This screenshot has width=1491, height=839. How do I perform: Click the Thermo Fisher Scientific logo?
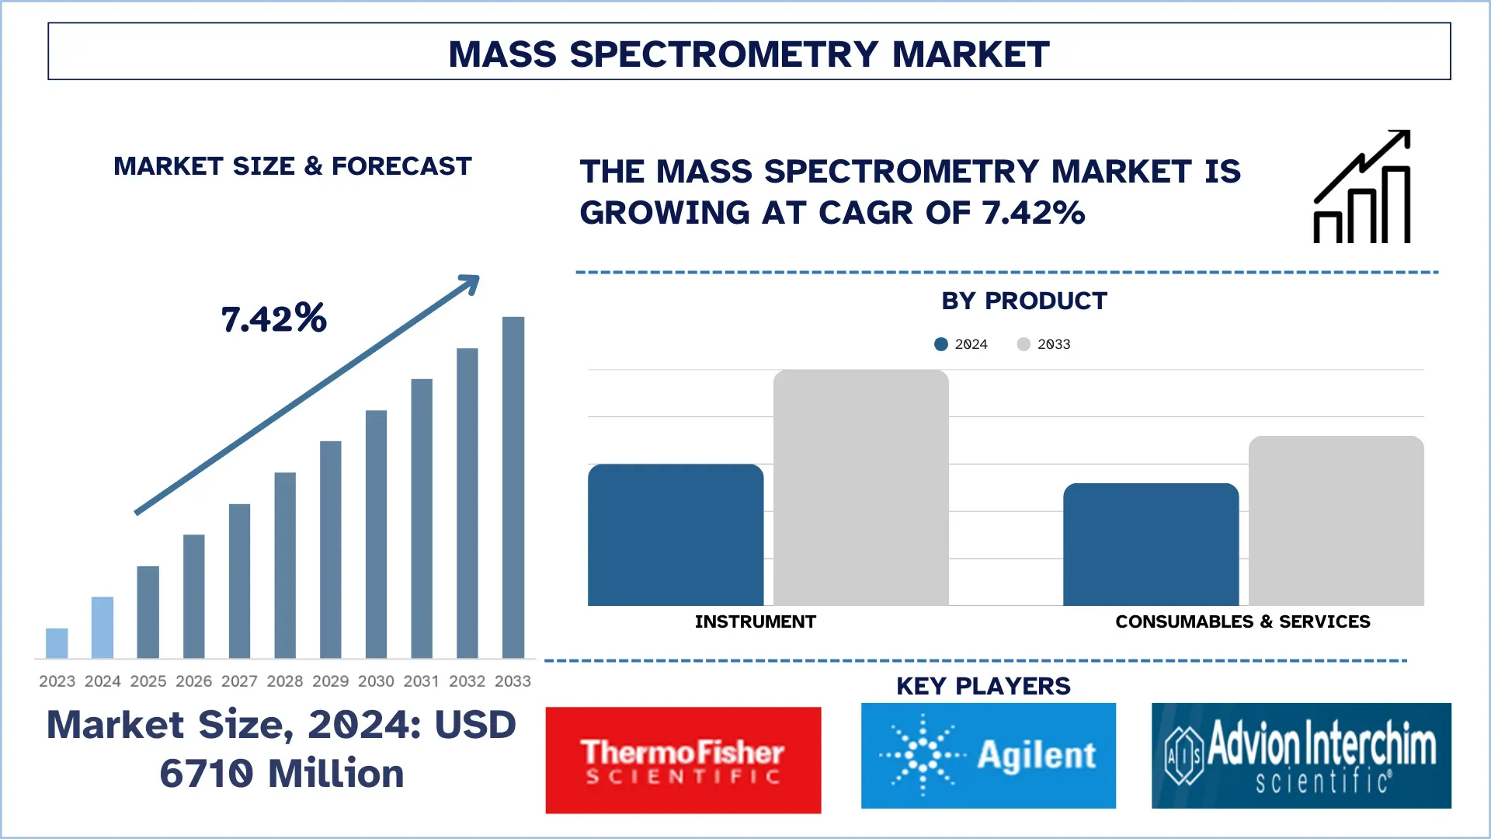click(683, 760)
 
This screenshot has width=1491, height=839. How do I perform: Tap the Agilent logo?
click(988, 755)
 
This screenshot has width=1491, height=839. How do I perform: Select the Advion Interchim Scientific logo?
click(1301, 755)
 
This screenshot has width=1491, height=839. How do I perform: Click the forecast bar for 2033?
click(513, 488)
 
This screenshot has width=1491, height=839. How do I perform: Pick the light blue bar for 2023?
click(57, 643)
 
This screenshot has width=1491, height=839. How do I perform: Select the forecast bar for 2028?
click(285, 566)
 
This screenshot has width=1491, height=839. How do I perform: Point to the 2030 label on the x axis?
click(376, 681)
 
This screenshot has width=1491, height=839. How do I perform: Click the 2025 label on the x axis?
click(148, 681)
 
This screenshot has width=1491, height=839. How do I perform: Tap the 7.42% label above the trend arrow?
click(273, 319)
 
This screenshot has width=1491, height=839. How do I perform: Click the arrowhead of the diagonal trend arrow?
click(471, 284)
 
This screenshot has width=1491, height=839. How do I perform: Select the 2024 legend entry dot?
click(941, 344)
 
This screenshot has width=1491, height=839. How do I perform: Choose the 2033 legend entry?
click(1044, 344)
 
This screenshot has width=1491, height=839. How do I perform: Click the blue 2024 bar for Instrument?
click(676, 536)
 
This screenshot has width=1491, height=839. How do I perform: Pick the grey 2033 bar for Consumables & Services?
click(1336, 520)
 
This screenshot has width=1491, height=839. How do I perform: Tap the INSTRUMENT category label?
click(755, 621)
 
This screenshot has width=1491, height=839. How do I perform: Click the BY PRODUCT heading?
click(1024, 301)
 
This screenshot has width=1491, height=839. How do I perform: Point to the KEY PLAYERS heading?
click(983, 686)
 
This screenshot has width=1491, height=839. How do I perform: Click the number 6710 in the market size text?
click(207, 774)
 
